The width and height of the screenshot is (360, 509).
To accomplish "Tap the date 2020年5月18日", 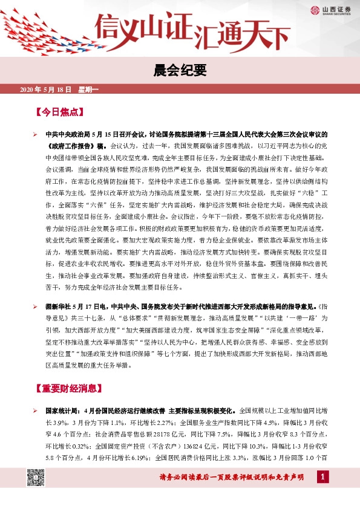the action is [46, 90].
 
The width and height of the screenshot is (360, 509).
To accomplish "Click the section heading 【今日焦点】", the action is [59, 112].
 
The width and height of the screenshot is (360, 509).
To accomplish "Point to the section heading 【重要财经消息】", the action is [68, 388].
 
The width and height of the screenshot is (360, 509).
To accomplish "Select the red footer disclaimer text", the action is [235, 479].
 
